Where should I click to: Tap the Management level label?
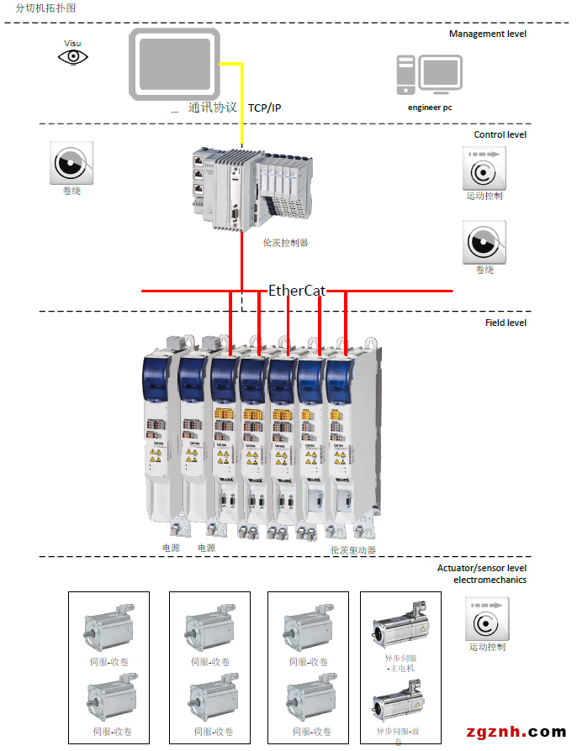[x=487, y=34]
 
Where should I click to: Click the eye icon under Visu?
[x=73, y=57]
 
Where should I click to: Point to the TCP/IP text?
[x=264, y=108]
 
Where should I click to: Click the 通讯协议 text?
[x=213, y=108]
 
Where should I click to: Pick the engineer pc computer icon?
[x=429, y=75]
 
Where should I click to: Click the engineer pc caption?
[x=430, y=108]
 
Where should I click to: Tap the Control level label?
[x=500, y=134]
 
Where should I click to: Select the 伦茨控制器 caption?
[x=285, y=243]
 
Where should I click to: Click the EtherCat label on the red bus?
[x=297, y=291]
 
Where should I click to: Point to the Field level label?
[x=506, y=323]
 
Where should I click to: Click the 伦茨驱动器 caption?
[x=353, y=550]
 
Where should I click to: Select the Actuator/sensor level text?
[x=481, y=568]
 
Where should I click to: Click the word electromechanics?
[x=490, y=580]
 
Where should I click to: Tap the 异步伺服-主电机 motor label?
[x=400, y=664]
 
